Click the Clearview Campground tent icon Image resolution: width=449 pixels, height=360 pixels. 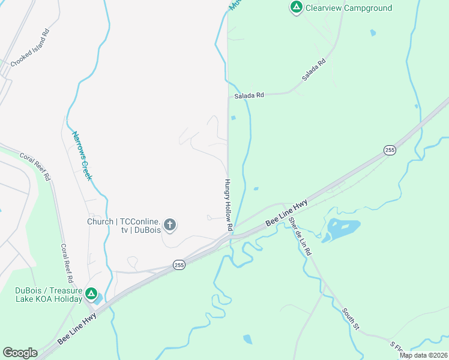(296, 8)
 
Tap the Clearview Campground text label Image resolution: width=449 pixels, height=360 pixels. (349, 8)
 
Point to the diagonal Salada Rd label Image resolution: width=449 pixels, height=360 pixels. (313, 70)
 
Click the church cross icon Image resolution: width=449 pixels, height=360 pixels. (170, 225)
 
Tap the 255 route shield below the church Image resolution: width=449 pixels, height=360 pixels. (178, 264)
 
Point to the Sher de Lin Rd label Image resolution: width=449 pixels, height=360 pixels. (299, 236)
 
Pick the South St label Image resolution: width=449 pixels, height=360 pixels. (351, 320)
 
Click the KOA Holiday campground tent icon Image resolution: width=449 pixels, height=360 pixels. (91, 293)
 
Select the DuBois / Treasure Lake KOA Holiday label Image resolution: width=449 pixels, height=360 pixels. (49, 295)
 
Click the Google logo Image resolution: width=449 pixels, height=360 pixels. (20, 353)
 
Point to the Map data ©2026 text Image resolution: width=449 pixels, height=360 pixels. (423, 355)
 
